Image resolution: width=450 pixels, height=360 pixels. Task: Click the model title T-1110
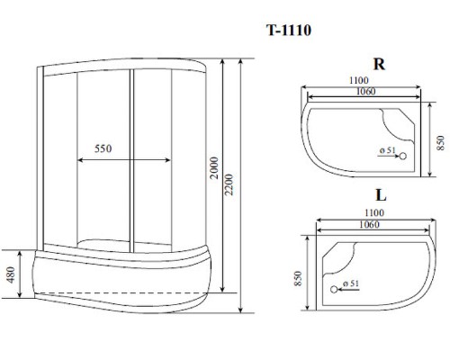(289, 30)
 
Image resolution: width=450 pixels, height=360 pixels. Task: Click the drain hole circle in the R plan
(402, 155)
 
